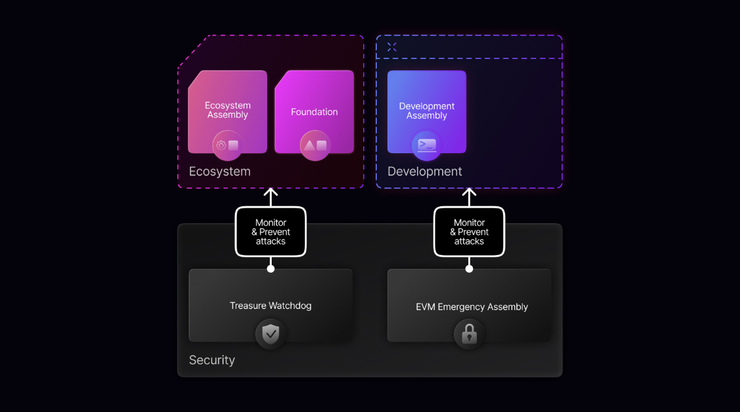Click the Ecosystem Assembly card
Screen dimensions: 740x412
pyautogui.click(x=228, y=112)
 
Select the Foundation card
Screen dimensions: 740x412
pyautogui.click(x=314, y=112)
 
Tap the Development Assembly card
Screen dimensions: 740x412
pyautogui.click(x=427, y=112)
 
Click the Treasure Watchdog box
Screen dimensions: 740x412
pyautogui.click(x=270, y=306)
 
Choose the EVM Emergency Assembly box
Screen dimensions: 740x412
pyautogui.click(x=469, y=306)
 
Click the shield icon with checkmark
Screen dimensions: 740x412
pyautogui.click(x=270, y=334)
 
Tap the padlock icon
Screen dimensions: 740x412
pyautogui.click(x=469, y=334)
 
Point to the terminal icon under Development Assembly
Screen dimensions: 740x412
pyautogui.click(x=427, y=145)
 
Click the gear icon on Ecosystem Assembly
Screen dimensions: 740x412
pyautogui.click(x=221, y=145)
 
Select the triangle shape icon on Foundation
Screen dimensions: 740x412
pyautogui.click(x=309, y=145)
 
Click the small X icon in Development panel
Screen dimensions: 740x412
pyautogui.click(x=392, y=47)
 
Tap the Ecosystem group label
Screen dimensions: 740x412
pyautogui.click(x=220, y=172)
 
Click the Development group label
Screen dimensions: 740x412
pyautogui.click(x=425, y=172)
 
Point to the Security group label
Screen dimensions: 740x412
pyautogui.click(x=212, y=360)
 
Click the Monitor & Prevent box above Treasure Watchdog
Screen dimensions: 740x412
pyautogui.click(x=270, y=231)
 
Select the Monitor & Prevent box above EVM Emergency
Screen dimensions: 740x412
pyautogui.click(x=469, y=231)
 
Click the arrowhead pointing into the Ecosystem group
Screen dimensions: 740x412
pyautogui.click(x=270, y=191)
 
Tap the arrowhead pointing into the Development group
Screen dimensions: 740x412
pyautogui.click(x=469, y=191)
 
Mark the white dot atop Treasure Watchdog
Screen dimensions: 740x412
pyautogui.click(x=270, y=269)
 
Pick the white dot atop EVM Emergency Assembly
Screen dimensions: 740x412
pyautogui.click(x=469, y=269)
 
